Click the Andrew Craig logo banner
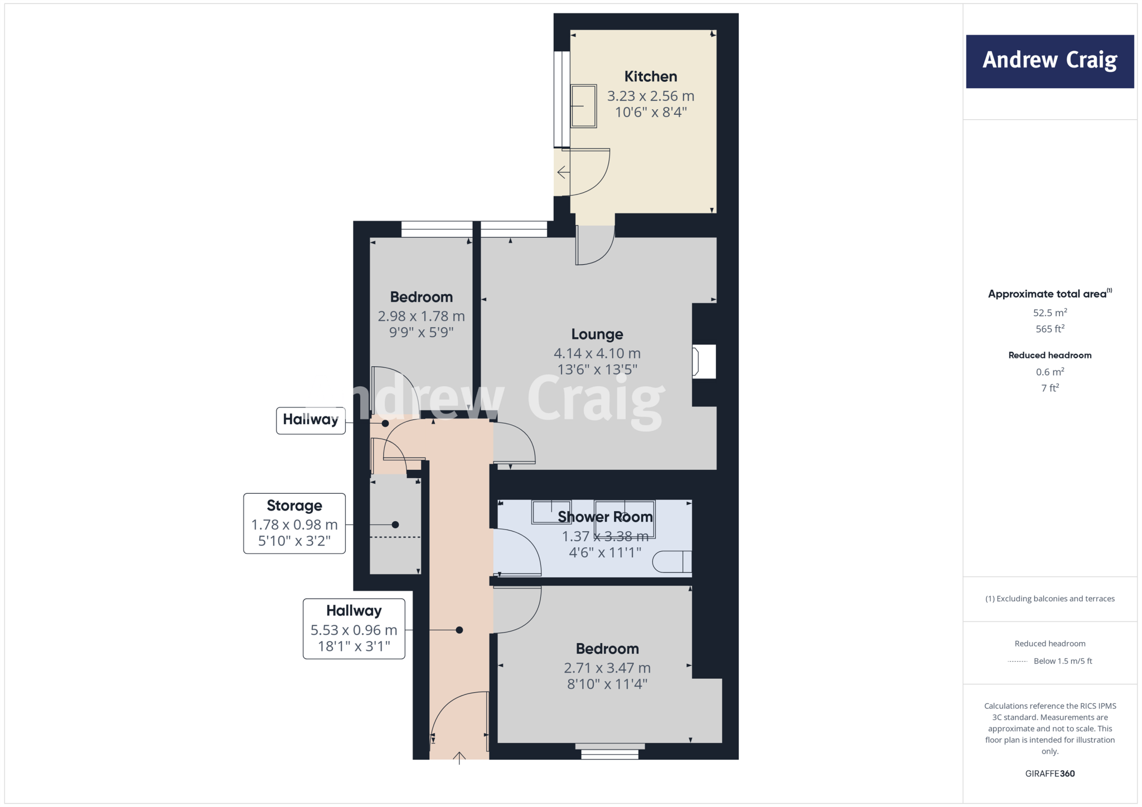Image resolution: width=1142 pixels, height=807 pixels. point(1049,61)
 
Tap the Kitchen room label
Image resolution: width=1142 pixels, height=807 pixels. point(650,76)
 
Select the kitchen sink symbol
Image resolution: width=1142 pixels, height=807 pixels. point(583,106)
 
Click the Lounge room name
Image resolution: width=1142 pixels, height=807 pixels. point(597,334)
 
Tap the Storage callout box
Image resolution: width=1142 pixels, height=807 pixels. point(294,523)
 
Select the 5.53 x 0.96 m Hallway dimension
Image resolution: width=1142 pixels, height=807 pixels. point(354,630)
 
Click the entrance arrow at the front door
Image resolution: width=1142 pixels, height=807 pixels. point(459,758)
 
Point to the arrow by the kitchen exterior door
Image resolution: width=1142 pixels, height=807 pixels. point(563,173)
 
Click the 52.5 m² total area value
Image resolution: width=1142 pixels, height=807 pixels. point(1049,313)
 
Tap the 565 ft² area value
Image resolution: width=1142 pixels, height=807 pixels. point(1049,329)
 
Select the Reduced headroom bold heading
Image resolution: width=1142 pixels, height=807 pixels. point(1049,355)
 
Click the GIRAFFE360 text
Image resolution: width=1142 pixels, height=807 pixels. point(1049,774)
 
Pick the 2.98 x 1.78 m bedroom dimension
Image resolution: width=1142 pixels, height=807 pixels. point(421,316)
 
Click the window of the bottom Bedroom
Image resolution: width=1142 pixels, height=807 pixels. point(609,751)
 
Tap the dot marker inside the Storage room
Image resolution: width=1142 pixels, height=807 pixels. point(395,524)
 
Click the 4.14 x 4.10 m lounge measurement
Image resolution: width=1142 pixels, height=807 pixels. point(597,353)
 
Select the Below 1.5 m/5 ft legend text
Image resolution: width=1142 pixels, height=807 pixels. point(1062,661)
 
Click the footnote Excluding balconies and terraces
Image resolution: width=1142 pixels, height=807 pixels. point(1049,599)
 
